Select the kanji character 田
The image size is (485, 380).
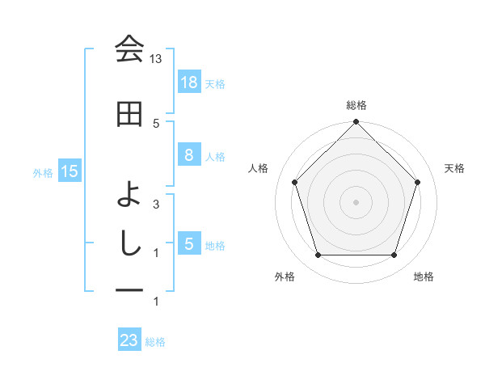click(129, 115)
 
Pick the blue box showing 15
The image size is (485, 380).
click(69, 171)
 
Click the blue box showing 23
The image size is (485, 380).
click(129, 340)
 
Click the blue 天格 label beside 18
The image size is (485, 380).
click(215, 82)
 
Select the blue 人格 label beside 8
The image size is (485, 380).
click(215, 156)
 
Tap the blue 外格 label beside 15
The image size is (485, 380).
click(43, 172)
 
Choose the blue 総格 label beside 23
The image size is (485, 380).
click(156, 342)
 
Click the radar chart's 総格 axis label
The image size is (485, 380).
click(356, 105)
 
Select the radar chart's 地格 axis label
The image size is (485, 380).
click(424, 277)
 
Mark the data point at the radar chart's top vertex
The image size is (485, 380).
click(356, 122)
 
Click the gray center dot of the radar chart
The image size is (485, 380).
click(356, 201)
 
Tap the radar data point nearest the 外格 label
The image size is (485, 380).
click(318, 255)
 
